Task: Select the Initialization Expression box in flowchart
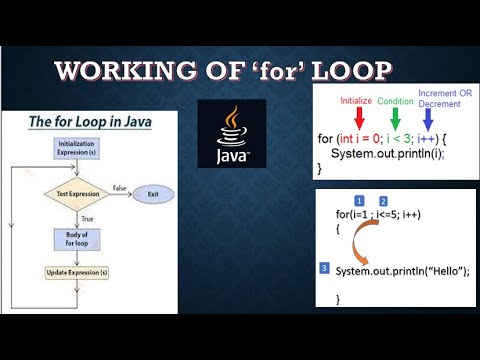pyautogui.click(x=77, y=149)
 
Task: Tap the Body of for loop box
pyautogui.click(x=77, y=238)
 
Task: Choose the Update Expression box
pyautogui.click(x=77, y=272)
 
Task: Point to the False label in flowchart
pyautogui.click(x=118, y=187)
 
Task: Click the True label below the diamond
pyautogui.click(x=87, y=216)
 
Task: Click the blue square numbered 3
pyautogui.click(x=323, y=268)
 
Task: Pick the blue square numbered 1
pyautogui.click(x=360, y=202)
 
